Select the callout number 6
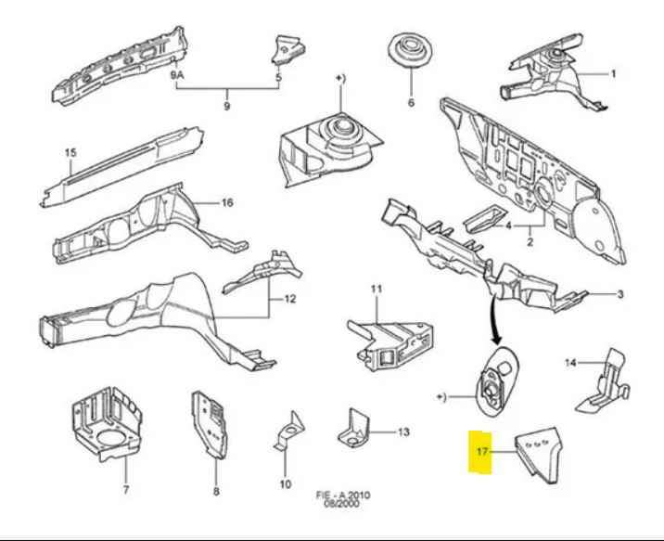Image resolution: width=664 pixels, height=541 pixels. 411,103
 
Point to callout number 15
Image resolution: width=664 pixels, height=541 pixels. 70,153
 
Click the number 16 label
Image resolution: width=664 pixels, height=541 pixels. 227,203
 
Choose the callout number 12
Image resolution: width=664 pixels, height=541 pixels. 289,299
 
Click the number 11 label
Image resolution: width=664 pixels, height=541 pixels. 377,290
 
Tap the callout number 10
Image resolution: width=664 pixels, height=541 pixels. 286,483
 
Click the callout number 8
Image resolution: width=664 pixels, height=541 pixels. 216,492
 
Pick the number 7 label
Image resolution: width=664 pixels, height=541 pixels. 126,490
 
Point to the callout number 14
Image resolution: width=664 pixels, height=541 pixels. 570,363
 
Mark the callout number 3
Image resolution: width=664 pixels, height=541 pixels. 620,295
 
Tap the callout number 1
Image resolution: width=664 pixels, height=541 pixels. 612,73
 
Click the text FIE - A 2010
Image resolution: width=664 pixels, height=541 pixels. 344,495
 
